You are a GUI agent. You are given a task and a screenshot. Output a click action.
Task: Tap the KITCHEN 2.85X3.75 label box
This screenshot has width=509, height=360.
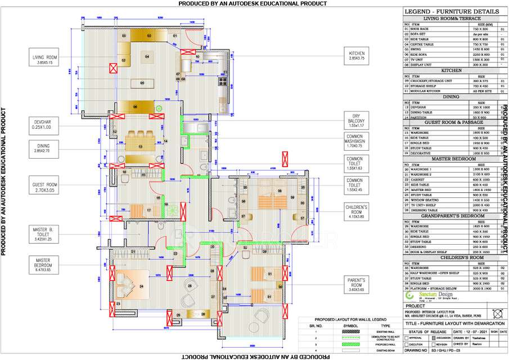(357, 56)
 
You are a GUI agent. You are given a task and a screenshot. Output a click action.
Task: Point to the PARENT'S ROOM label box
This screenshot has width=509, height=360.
(357, 283)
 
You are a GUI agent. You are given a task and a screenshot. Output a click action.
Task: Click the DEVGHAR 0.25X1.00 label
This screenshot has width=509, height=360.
(45, 124)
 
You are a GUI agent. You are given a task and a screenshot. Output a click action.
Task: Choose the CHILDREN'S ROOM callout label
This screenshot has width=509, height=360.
(357, 210)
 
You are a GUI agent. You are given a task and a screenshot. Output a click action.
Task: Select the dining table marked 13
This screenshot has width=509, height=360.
(141, 146)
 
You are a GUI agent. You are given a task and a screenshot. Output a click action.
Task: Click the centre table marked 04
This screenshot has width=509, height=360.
(147, 57)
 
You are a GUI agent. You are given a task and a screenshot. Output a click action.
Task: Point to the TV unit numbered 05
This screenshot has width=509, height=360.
(142, 83)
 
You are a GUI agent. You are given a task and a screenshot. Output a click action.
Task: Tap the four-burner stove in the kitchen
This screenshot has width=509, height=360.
(222, 83)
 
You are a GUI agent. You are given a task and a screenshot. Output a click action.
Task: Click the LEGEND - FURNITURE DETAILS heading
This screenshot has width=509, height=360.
(452, 11)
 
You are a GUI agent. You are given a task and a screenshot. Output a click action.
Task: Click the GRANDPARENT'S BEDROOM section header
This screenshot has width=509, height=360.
(452, 215)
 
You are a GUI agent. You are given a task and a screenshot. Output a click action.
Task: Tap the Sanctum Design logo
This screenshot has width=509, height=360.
(427, 295)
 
